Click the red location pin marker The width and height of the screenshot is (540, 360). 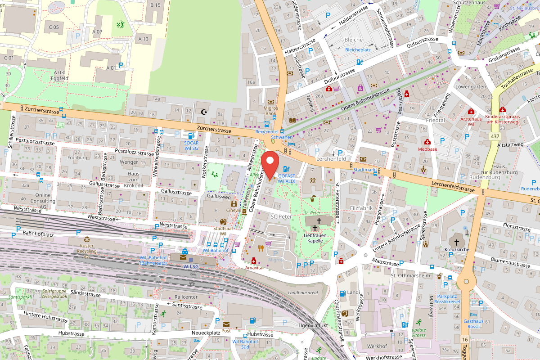270,165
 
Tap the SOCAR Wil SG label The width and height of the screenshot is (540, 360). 191,145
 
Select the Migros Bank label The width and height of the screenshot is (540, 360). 271,111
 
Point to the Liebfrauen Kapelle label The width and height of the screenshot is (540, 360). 315,238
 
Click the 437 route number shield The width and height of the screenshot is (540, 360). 495,135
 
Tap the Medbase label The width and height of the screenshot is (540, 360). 427,149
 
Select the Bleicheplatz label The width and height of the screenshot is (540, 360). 358,49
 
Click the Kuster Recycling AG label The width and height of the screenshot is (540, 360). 86,250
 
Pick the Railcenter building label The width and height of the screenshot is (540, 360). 186,297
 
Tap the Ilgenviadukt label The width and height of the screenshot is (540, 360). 314,325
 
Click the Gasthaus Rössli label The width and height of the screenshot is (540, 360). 473,324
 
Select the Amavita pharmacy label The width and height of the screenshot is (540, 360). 253,267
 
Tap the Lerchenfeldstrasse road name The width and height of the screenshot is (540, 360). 453,186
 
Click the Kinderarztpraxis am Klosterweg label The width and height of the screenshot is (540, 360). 502,119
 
